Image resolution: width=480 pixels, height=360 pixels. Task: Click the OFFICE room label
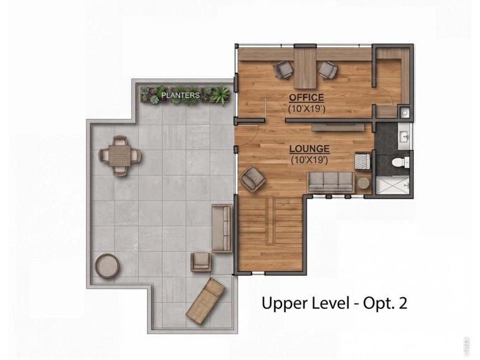[306, 98]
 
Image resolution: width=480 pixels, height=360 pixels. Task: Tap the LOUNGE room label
[309, 149]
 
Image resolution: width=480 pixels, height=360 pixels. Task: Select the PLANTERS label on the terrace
[181, 95]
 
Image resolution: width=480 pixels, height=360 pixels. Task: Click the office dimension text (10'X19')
[306, 108]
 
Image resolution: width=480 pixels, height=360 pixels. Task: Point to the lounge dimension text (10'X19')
[309, 159]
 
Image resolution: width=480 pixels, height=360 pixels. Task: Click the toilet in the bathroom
[401, 162]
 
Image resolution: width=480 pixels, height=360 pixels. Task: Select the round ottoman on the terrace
[107, 265]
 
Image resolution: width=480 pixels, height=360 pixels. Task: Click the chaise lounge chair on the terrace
[205, 301]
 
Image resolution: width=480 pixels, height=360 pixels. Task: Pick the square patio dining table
[120, 156]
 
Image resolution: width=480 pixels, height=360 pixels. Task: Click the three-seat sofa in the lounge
[331, 182]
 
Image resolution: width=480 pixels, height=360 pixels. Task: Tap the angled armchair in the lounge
[253, 179]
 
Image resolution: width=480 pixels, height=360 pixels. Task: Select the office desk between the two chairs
[305, 68]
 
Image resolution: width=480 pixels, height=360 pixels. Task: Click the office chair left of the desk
[283, 70]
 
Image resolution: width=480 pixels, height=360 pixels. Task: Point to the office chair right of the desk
[327, 70]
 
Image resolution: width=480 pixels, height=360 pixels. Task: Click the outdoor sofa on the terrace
[222, 229]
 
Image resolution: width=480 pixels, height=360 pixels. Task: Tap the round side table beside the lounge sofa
[364, 183]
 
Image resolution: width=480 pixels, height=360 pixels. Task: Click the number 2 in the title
[403, 303]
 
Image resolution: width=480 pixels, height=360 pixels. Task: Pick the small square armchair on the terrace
[201, 262]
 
